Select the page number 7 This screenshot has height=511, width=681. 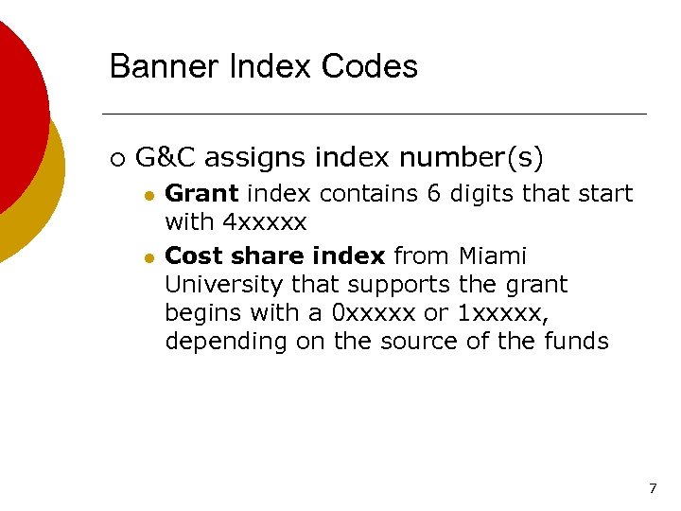653,489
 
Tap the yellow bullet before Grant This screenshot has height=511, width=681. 148,195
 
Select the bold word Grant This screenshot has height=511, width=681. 201,194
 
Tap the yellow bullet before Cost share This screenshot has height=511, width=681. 148,257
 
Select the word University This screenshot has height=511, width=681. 224,285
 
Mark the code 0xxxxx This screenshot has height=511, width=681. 368,313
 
